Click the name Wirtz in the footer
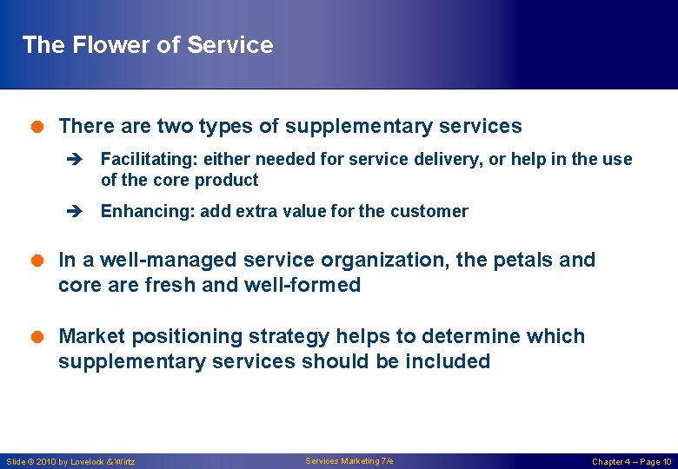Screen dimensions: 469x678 coord(123,462)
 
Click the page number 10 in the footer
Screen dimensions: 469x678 coord(666,462)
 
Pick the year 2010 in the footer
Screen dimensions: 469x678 coord(47,462)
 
